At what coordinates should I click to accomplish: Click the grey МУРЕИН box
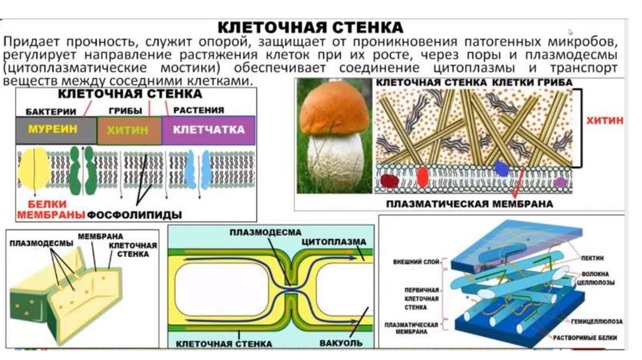coord(56,130)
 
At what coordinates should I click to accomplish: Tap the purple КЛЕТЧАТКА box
coord(209,130)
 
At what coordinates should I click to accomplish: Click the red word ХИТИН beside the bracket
coord(605,120)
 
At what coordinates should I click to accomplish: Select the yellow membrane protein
coord(34,168)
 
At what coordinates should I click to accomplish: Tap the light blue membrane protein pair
coord(197,169)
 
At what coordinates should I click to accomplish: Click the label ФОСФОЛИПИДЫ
coord(135,214)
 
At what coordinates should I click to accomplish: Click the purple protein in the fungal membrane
coord(560,182)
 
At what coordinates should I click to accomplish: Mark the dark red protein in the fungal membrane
coord(389,181)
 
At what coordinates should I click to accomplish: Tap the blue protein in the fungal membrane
coord(501,168)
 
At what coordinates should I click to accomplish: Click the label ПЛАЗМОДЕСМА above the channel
coord(265,233)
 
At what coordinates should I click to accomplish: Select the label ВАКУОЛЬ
coord(340,343)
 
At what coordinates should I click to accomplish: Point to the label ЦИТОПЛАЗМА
coord(334,241)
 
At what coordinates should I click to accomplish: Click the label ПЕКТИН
coord(592,258)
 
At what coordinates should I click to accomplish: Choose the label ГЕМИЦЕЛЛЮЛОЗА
coord(597,322)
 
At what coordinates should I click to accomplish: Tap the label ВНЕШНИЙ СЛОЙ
coord(416,262)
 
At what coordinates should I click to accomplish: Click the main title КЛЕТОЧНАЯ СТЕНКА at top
coord(310,28)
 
